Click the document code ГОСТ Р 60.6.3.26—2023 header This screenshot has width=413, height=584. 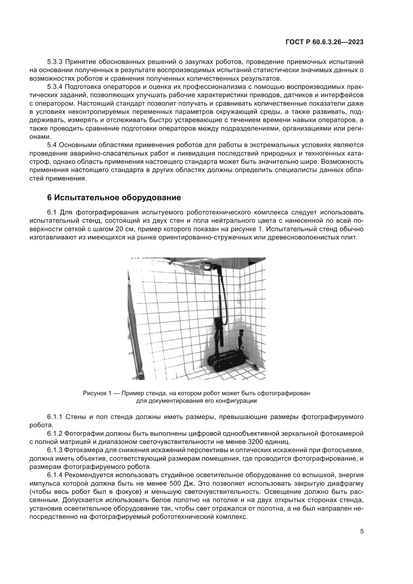pos(325,42)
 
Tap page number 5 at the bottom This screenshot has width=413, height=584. pos(362,531)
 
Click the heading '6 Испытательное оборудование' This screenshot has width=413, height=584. pos(114,198)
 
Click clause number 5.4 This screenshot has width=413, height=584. pos(52,145)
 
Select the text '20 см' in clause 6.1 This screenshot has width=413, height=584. pos(124,229)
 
